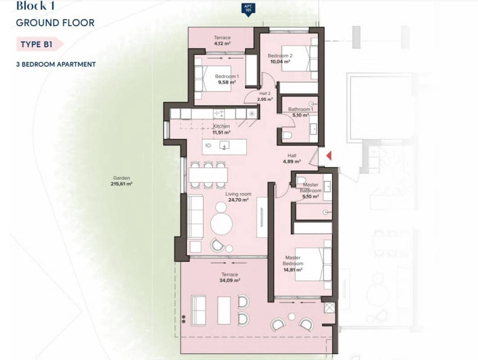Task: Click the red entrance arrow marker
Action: [329, 156]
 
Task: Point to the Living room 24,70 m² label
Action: [238, 197]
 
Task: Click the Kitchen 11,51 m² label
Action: [221, 130]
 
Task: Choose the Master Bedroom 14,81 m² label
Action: [293, 264]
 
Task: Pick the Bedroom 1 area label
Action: [226, 79]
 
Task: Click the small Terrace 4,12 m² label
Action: [222, 40]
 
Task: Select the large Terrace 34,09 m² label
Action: [229, 277]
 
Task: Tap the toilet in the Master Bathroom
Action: [301, 181]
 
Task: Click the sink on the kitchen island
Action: [224, 145]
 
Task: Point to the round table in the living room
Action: [222, 223]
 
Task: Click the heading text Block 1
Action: [37, 6]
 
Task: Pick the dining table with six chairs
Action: [208, 175]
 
